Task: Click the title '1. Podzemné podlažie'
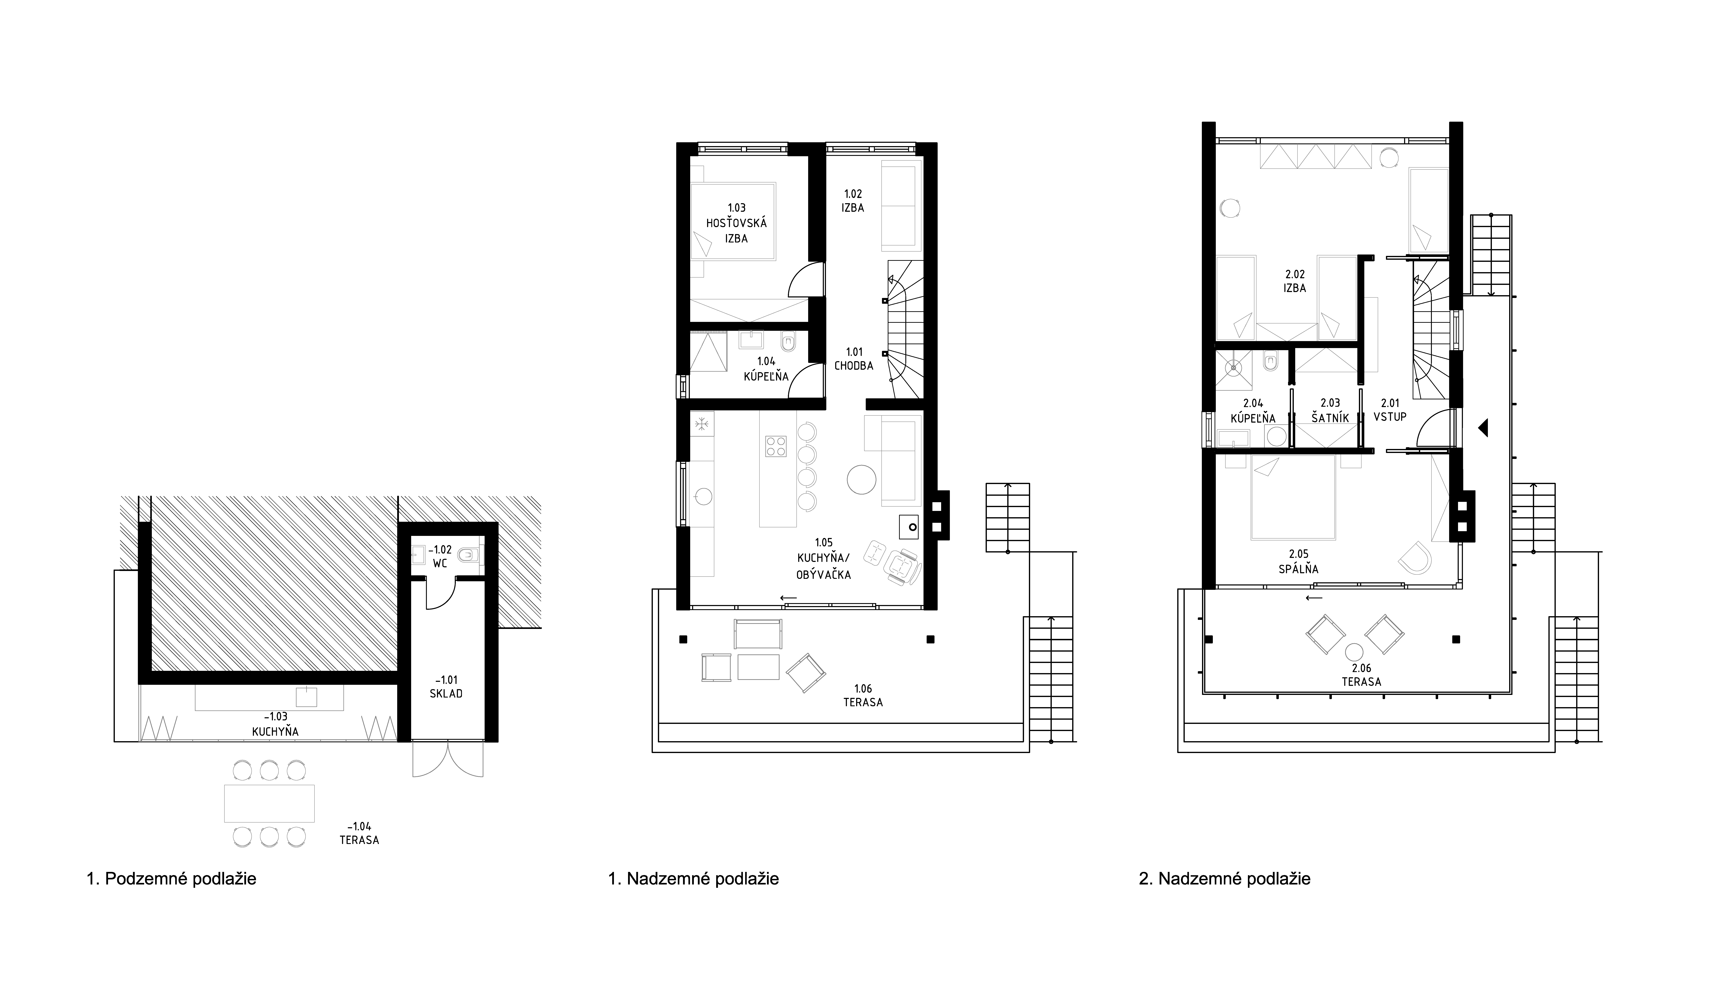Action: click(x=171, y=879)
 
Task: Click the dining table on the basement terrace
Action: click(x=269, y=803)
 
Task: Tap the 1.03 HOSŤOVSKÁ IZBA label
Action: click(x=736, y=223)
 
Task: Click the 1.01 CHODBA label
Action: click(x=854, y=359)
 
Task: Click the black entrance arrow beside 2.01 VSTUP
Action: click(x=1482, y=428)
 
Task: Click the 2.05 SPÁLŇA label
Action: click(x=1298, y=562)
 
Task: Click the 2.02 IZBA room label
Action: click(x=1295, y=281)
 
